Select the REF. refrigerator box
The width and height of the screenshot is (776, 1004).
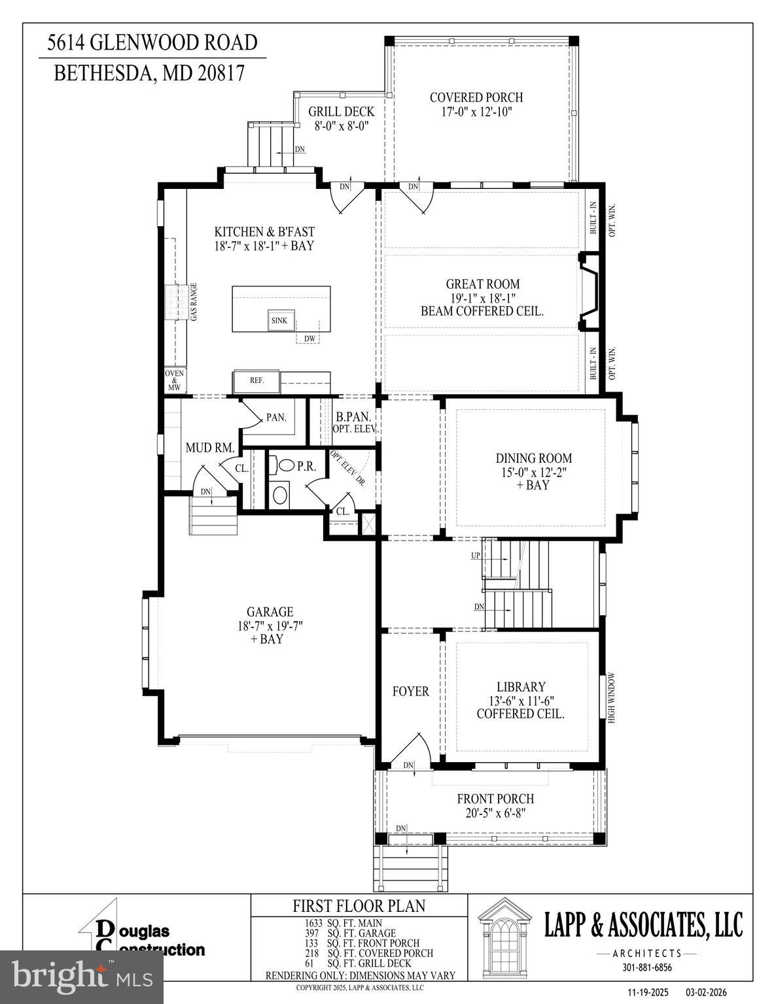pyautogui.click(x=256, y=380)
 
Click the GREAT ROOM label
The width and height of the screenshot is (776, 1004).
pyautogui.click(x=483, y=284)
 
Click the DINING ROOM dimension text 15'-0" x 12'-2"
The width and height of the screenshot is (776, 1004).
pyautogui.click(x=533, y=472)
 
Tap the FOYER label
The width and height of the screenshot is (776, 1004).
pyautogui.click(x=410, y=692)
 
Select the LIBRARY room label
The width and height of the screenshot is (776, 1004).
pyautogui.click(x=521, y=687)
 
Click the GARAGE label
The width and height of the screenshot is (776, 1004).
pyautogui.click(x=270, y=612)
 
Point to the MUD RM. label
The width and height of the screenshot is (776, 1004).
pyautogui.click(x=209, y=448)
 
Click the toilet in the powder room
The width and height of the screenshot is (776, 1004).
pyautogui.click(x=287, y=466)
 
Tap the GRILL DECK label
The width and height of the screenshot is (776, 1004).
pyautogui.click(x=341, y=112)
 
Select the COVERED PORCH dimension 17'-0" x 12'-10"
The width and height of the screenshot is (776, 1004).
pyautogui.click(x=476, y=112)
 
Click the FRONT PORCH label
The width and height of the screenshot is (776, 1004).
pyautogui.click(x=495, y=799)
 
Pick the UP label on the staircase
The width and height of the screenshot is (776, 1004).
pyautogui.click(x=475, y=556)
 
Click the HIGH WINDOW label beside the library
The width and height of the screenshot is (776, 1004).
pyautogui.click(x=612, y=697)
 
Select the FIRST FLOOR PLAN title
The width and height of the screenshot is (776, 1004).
pyautogui.click(x=359, y=906)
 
